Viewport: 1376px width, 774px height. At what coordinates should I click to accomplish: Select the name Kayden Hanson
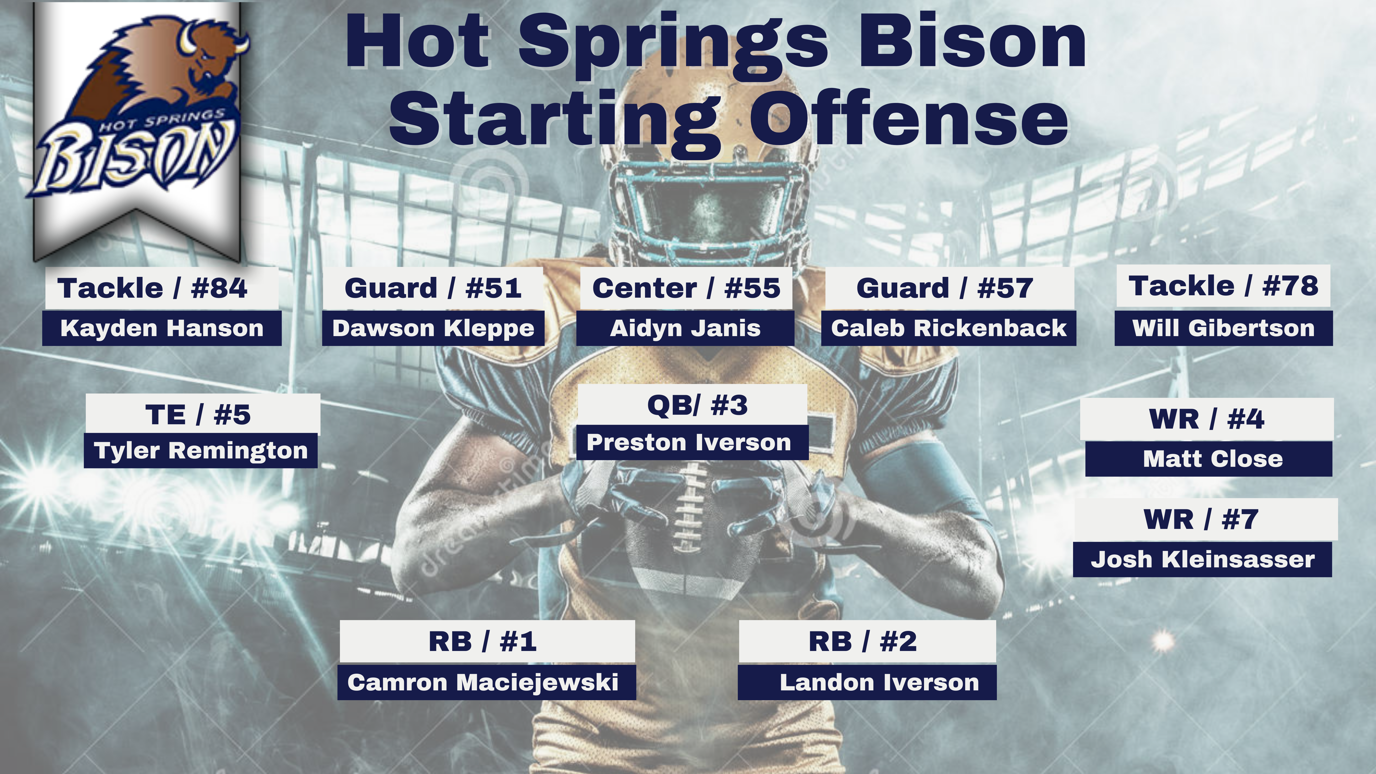pyautogui.click(x=162, y=328)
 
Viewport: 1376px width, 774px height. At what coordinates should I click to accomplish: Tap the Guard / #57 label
pyautogui.click(x=944, y=288)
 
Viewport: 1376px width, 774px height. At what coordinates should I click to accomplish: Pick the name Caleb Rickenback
pyautogui.click(x=949, y=328)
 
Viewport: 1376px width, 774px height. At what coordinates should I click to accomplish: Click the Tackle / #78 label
pyautogui.click(x=1223, y=286)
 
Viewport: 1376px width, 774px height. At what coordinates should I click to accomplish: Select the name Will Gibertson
pyautogui.click(x=1223, y=328)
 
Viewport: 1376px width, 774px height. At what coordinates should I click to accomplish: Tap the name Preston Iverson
pyautogui.click(x=689, y=442)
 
